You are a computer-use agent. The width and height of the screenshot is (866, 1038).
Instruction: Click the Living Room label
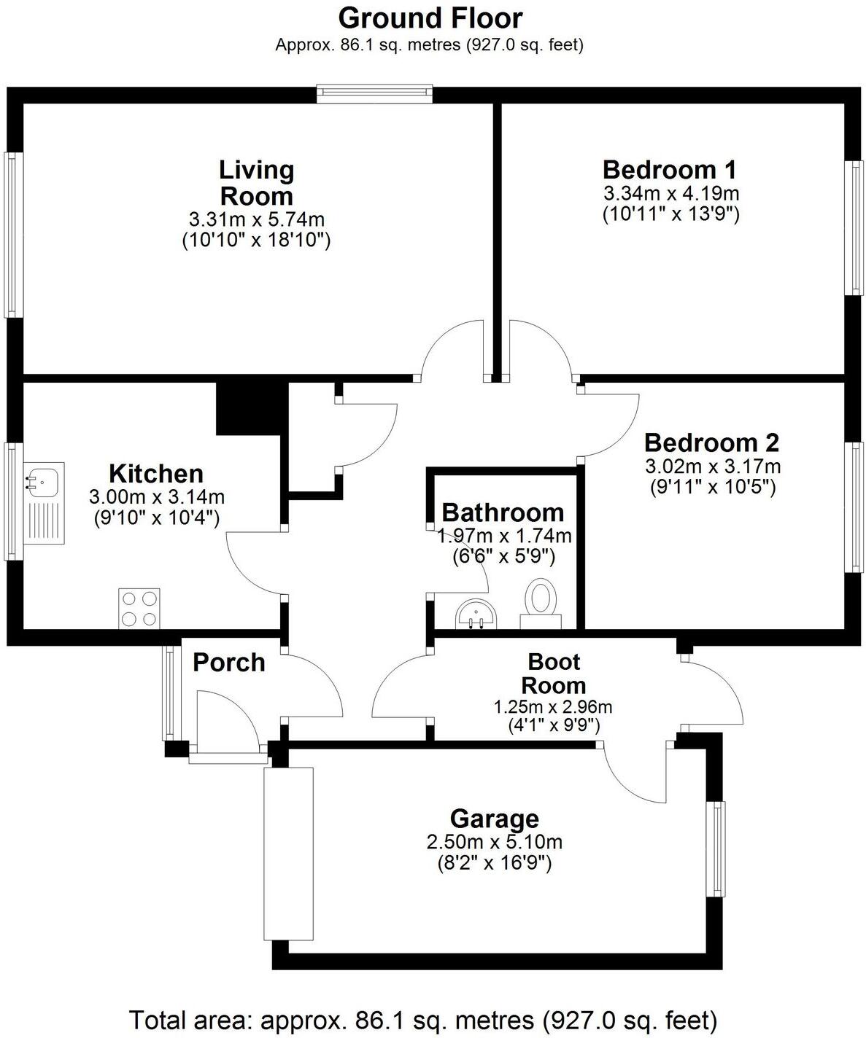coord(256,183)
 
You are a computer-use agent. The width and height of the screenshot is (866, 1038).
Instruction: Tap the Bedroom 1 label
coord(669,170)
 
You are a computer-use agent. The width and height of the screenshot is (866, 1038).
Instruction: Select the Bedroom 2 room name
coord(711,442)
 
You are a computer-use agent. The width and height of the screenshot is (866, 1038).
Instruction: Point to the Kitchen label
coord(156,474)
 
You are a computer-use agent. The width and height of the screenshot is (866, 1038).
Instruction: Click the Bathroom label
coord(503,512)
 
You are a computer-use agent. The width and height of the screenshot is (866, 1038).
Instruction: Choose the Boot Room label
coord(554,674)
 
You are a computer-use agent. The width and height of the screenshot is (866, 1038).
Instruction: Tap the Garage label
coord(494,819)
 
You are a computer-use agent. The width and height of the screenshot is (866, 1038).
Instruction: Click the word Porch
coord(228,663)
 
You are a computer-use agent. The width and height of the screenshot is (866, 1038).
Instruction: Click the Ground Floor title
coord(430,17)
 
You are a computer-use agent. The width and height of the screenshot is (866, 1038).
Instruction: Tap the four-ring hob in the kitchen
coord(139,609)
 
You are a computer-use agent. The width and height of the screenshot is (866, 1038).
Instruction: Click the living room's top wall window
coord(375,93)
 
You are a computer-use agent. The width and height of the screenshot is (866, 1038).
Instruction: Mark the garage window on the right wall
coord(719,848)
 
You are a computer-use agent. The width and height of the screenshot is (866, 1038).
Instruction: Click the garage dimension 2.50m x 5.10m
coord(494,843)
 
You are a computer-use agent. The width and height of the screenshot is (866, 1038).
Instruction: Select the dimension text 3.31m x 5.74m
coord(256,219)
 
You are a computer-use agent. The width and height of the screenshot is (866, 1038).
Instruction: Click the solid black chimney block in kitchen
coord(249,408)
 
